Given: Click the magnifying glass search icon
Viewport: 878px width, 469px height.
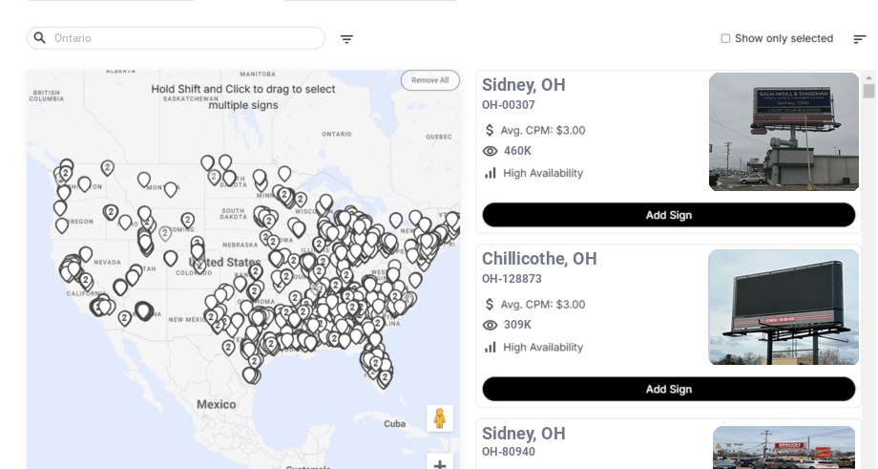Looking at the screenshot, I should click(x=40, y=38).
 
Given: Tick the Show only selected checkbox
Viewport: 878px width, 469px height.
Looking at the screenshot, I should click(x=725, y=39).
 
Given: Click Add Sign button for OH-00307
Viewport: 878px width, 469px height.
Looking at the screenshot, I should click(x=668, y=215).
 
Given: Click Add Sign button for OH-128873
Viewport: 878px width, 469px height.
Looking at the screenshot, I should click(x=668, y=389).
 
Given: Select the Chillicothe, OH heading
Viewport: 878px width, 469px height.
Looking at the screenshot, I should click(x=539, y=259).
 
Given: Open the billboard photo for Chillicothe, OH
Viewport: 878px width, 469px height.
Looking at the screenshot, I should click(x=784, y=308).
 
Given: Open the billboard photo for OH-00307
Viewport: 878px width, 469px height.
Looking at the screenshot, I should click(x=784, y=132).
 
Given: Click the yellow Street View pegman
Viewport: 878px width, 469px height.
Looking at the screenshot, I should click(x=439, y=418).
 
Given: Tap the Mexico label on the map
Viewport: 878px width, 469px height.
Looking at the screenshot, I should click(x=216, y=404).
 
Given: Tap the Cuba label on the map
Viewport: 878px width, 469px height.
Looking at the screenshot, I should click(x=394, y=424).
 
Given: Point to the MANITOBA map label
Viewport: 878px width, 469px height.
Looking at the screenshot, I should click(x=258, y=74).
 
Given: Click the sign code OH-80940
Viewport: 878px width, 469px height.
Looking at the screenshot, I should click(x=509, y=452).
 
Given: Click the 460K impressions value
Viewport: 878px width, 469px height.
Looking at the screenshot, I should click(x=517, y=151).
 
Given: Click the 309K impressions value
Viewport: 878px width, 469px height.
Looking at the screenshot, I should click(x=517, y=325).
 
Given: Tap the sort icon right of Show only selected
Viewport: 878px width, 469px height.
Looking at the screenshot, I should click(x=859, y=39).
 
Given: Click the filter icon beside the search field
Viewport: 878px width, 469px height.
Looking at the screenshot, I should click(x=346, y=39).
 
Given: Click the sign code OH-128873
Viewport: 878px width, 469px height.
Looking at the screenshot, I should click(x=512, y=279).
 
